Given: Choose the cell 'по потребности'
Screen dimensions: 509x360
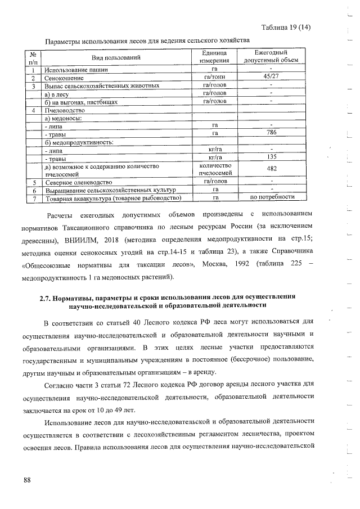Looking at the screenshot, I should pos(272,197).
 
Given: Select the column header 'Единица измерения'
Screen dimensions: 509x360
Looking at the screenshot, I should pos(214,57).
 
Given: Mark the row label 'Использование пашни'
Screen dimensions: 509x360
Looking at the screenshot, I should pos(78,70).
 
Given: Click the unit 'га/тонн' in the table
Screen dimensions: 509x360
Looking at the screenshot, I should pos(214,78).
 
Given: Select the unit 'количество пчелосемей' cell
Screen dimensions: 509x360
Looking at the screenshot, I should pos(214,170).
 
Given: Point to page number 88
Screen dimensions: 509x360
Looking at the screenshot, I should pos(27,480).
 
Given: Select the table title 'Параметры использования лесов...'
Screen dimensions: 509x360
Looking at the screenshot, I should pos(147,40).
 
